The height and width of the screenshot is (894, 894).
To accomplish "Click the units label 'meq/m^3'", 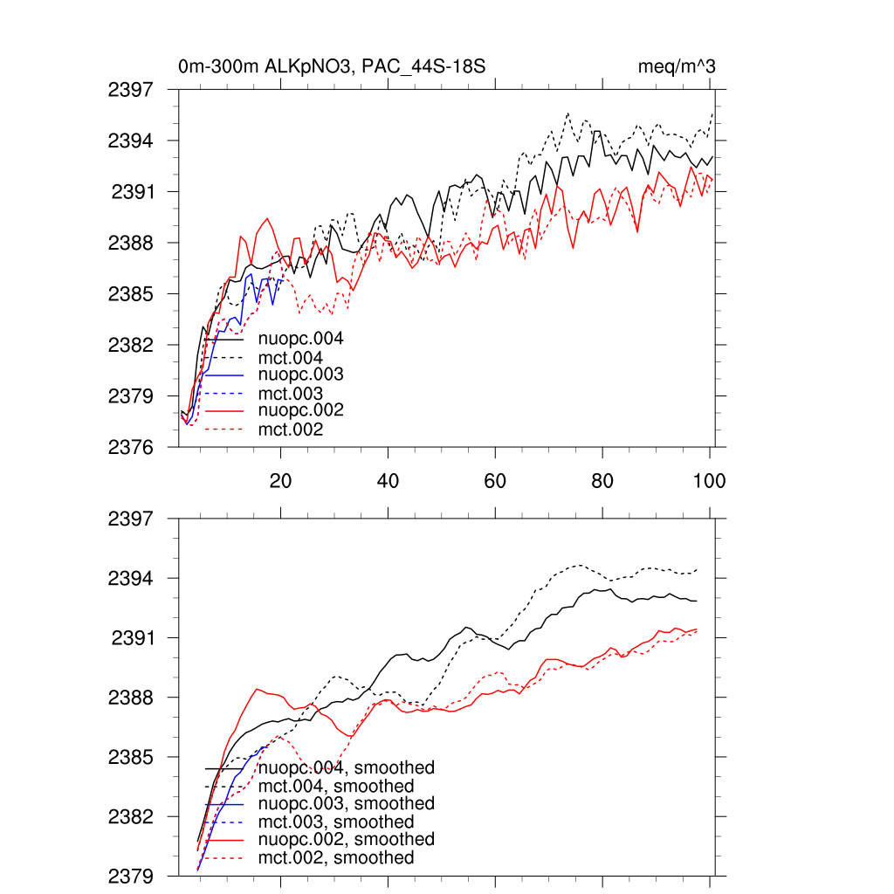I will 678,66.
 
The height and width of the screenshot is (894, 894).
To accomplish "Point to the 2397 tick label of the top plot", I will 131,89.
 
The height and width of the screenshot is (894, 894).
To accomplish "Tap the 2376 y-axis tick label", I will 131,447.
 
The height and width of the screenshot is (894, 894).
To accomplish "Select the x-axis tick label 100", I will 708,481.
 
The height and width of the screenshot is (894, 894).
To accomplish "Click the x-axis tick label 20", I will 280,481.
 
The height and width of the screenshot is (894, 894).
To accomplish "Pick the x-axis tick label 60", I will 495,481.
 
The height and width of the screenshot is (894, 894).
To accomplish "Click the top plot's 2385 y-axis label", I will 131,293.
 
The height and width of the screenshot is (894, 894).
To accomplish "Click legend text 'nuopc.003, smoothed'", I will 347,803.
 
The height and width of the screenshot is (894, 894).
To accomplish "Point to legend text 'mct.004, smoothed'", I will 336,787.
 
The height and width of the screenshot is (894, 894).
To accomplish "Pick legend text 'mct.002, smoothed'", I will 336,858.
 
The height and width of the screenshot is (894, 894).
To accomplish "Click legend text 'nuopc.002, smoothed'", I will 347,839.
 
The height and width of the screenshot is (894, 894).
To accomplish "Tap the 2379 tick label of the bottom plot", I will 131,876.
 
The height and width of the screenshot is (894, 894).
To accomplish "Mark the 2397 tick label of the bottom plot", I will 131,519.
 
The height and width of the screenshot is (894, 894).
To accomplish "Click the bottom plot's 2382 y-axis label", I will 131,816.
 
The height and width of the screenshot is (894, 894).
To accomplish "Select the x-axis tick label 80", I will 602,481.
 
